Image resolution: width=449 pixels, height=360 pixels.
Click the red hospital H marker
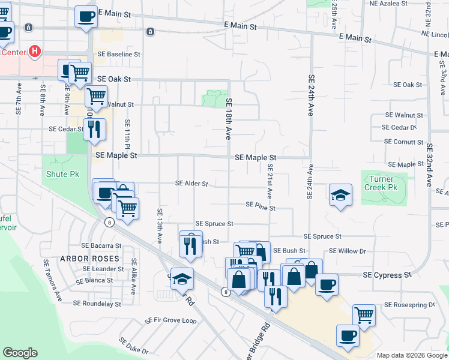35,52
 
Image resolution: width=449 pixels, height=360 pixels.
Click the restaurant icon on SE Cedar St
94,129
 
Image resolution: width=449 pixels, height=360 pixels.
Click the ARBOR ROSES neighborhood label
90,259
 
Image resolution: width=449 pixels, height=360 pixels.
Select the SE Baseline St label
119,54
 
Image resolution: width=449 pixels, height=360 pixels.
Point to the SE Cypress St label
387,274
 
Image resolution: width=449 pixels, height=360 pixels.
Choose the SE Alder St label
191,184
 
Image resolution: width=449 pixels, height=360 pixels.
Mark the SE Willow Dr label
348,251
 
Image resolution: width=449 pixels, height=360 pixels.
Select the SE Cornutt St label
404,142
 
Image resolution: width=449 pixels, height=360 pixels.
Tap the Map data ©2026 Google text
411,355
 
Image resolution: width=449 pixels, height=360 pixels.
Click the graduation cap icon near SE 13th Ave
182,279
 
